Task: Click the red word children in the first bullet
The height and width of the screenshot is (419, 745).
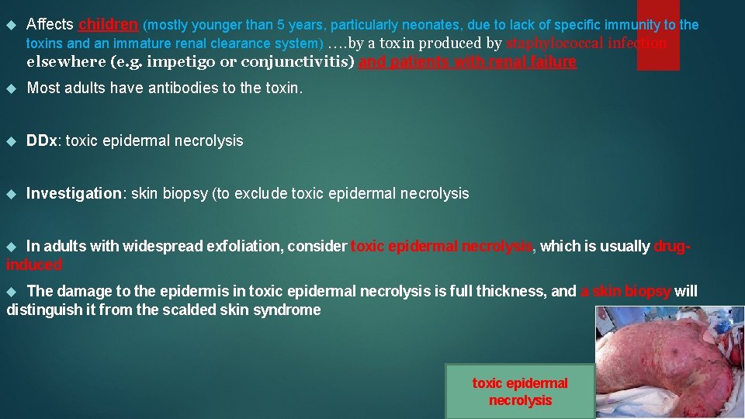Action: pyautogui.click(x=108, y=24)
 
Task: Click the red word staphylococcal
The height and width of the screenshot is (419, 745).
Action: pyautogui.click(x=554, y=43)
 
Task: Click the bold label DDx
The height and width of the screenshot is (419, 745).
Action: pyautogui.click(x=42, y=140)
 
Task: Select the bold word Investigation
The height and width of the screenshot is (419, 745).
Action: pyautogui.click(x=74, y=193)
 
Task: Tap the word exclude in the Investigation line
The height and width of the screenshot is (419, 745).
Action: pyautogui.click(x=262, y=193)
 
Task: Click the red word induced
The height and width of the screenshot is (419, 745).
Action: pyautogui.click(x=34, y=265)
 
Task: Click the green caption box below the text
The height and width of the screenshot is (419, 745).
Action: pyautogui.click(x=520, y=391)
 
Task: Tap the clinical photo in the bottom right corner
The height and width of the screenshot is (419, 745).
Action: pyautogui.click(x=669, y=362)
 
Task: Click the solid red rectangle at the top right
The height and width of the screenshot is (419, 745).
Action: pyautogui.click(x=658, y=35)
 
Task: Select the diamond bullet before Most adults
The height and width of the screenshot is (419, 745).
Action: pyautogui.click(x=11, y=88)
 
